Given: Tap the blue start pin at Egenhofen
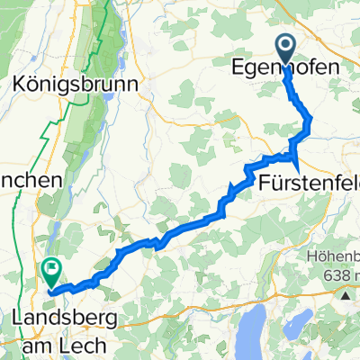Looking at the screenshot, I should point(286,48).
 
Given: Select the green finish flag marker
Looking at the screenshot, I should point(51,266).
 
